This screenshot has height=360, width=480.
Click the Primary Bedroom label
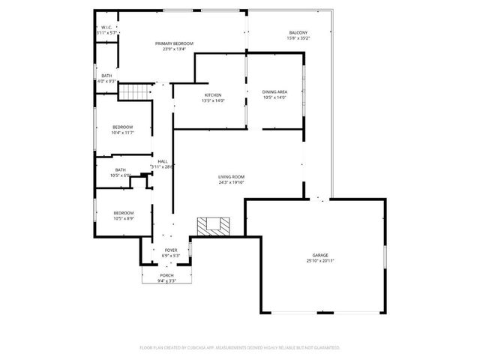[x=174, y=44]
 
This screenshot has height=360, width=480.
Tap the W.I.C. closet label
[x=107, y=28]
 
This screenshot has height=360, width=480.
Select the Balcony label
[x=298, y=32]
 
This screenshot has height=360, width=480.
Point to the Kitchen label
[x=213, y=94]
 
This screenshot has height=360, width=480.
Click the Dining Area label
[x=275, y=91]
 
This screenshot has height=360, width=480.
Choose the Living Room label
[x=232, y=176]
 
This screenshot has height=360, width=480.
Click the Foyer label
[x=170, y=250]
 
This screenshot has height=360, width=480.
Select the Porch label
[x=166, y=275]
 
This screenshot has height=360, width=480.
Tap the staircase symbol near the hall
[x=130, y=91]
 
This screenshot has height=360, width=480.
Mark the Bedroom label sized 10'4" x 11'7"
[x=122, y=127]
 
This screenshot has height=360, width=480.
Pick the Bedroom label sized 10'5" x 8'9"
[x=123, y=212]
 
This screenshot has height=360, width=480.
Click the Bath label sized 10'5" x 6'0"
[x=120, y=169]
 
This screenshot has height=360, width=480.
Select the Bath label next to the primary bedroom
[x=107, y=76]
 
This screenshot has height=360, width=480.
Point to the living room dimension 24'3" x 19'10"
[x=232, y=182]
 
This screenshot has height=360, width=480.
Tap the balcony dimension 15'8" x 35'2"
[x=298, y=38]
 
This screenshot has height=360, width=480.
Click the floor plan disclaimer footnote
[x=240, y=347]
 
